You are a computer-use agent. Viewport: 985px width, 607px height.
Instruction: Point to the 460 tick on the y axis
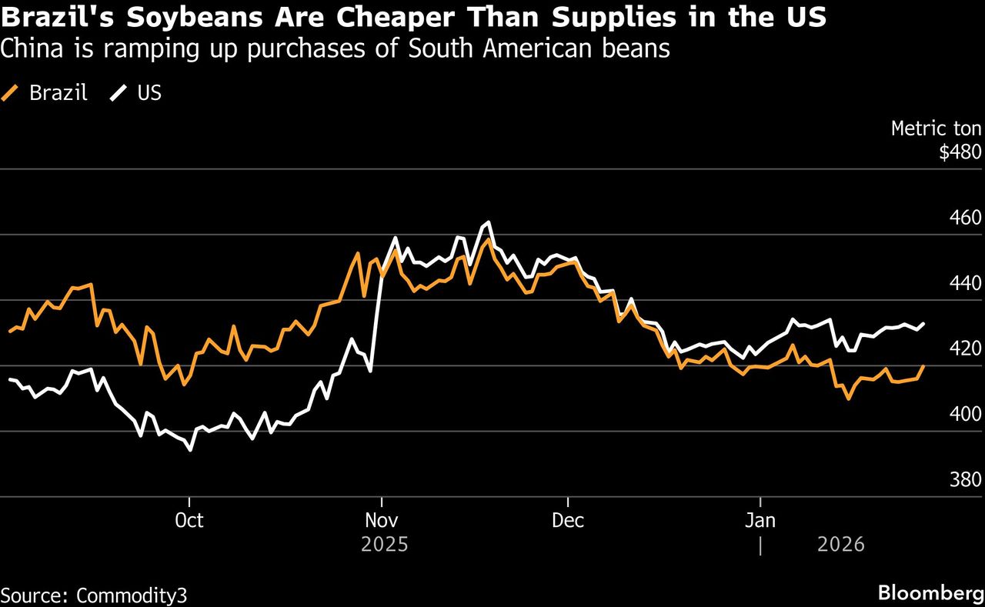point(967,218)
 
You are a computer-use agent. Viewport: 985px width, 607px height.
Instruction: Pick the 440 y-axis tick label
point(967,283)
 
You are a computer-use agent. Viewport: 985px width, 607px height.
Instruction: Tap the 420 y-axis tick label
point(967,349)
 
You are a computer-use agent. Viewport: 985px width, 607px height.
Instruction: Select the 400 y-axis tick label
point(967,414)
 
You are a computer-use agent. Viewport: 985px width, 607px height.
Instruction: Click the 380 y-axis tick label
point(967,480)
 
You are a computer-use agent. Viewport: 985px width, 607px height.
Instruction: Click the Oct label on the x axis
point(189,521)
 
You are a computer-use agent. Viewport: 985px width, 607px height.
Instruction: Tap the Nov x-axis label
point(381,521)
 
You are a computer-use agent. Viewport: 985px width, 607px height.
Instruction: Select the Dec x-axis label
point(567,521)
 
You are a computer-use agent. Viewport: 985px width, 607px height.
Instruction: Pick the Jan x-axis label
point(760,521)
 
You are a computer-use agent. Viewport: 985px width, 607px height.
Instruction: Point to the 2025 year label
point(384,545)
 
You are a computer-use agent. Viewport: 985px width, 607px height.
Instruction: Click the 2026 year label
point(840,545)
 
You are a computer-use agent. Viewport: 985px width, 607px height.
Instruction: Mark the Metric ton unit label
point(936,128)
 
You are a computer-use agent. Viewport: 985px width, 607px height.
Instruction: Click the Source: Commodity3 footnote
point(94,595)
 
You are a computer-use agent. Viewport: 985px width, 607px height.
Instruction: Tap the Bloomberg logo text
point(930,593)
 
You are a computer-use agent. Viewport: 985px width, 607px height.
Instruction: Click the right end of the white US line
point(923,324)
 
